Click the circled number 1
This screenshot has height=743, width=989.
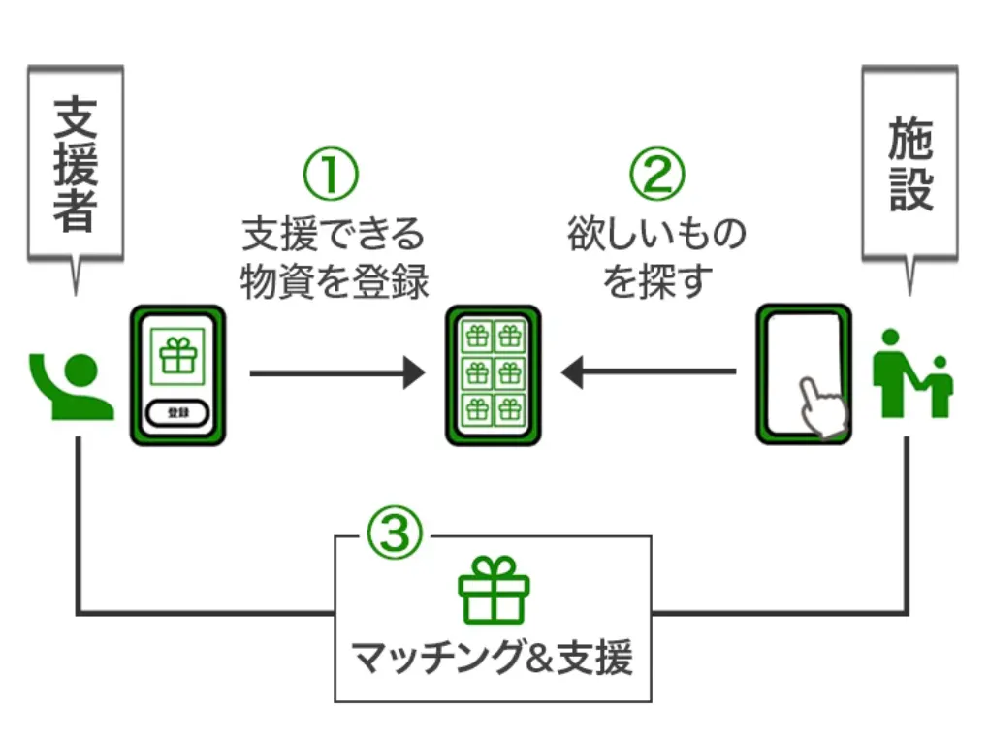[332, 174]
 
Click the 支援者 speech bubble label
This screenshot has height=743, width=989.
[75, 163]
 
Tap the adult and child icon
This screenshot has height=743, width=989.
[911, 373]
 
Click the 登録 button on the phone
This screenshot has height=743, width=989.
[177, 412]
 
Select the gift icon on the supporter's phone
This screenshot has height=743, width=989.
[178, 356]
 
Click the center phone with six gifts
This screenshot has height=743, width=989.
[494, 374]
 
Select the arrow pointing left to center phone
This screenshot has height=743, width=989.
[649, 371]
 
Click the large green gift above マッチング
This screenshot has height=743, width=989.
[494, 589]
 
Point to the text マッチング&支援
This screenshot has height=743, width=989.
[493, 658]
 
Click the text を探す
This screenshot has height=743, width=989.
[658, 281]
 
